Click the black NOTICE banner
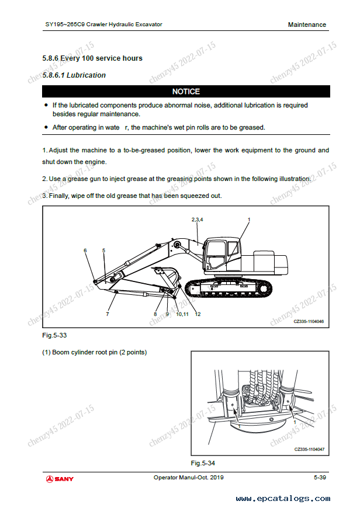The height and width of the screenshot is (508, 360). (x=186, y=92)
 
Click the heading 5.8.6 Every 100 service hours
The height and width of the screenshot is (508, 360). (x=92, y=58)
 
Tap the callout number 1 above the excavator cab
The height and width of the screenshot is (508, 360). (x=248, y=219)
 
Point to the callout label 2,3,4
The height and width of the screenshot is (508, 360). (x=197, y=219)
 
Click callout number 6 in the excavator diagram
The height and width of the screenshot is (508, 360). (x=85, y=250)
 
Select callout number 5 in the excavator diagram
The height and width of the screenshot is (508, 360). (x=103, y=250)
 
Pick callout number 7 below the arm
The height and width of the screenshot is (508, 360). (x=108, y=314)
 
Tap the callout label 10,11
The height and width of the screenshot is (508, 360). (x=182, y=314)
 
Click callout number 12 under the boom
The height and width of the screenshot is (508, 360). (x=198, y=314)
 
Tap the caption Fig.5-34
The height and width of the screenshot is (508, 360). (x=203, y=463)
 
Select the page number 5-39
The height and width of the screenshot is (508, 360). (x=320, y=478)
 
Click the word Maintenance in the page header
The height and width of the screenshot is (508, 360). (x=307, y=25)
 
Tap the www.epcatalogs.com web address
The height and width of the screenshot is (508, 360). (x=282, y=499)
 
